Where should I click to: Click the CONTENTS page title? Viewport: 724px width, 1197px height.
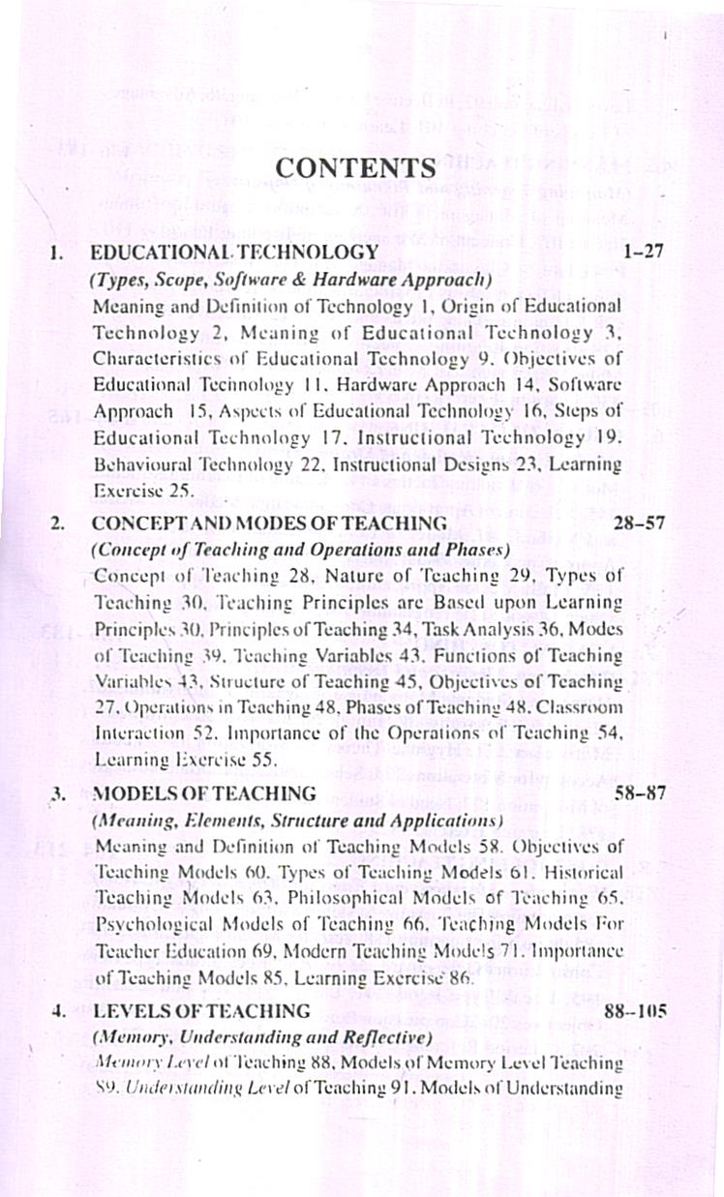coord(356,167)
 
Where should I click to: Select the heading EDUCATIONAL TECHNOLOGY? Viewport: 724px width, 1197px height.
coord(233,253)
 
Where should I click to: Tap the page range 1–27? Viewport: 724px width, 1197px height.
coord(643,253)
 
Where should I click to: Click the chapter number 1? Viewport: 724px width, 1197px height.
coord(57,254)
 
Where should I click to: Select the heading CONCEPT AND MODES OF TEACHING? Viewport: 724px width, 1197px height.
coord(268,524)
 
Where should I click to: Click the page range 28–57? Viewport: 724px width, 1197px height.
coord(636,524)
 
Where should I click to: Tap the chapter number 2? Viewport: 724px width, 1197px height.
coord(57,524)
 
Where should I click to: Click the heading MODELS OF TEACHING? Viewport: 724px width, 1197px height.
coord(203,793)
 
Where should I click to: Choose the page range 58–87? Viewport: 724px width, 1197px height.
coord(636,793)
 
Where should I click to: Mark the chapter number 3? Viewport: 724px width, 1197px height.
coord(57,794)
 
